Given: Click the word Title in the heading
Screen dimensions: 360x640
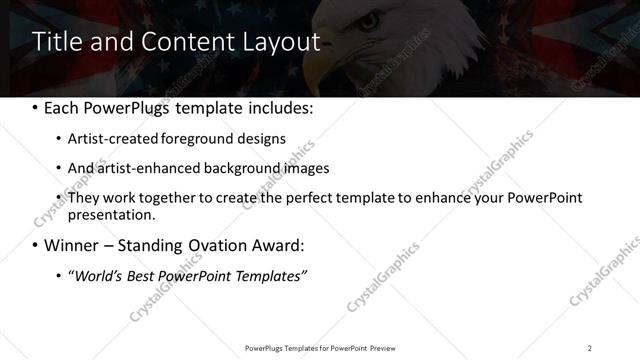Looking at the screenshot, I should [x=57, y=41].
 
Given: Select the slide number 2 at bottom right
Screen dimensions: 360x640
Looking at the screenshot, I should [x=590, y=347].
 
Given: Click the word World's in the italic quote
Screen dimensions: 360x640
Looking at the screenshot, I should [x=99, y=275].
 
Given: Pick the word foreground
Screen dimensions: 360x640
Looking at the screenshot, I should [x=182, y=139].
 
